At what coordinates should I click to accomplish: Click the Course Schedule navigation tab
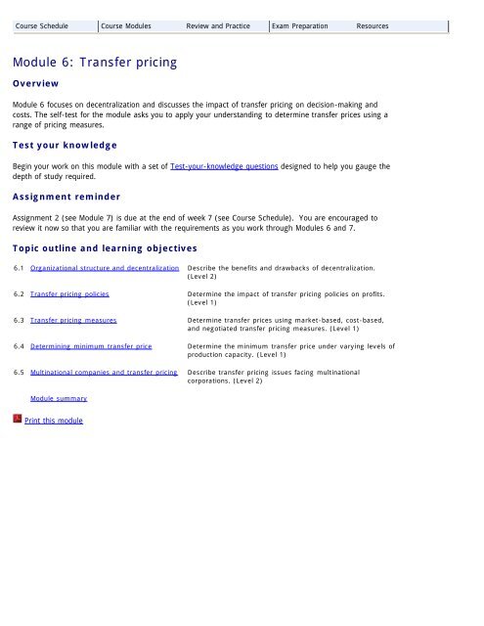point(42,24)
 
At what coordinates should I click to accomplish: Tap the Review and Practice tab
point(220,24)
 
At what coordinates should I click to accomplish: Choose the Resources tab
point(373,24)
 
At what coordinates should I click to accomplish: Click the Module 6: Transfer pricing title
point(95,63)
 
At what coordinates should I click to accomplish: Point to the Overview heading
point(41,84)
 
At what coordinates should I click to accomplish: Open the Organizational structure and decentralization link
point(105,267)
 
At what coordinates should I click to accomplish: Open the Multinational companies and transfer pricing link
point(104,373)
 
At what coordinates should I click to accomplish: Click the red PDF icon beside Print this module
point(18,420)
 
